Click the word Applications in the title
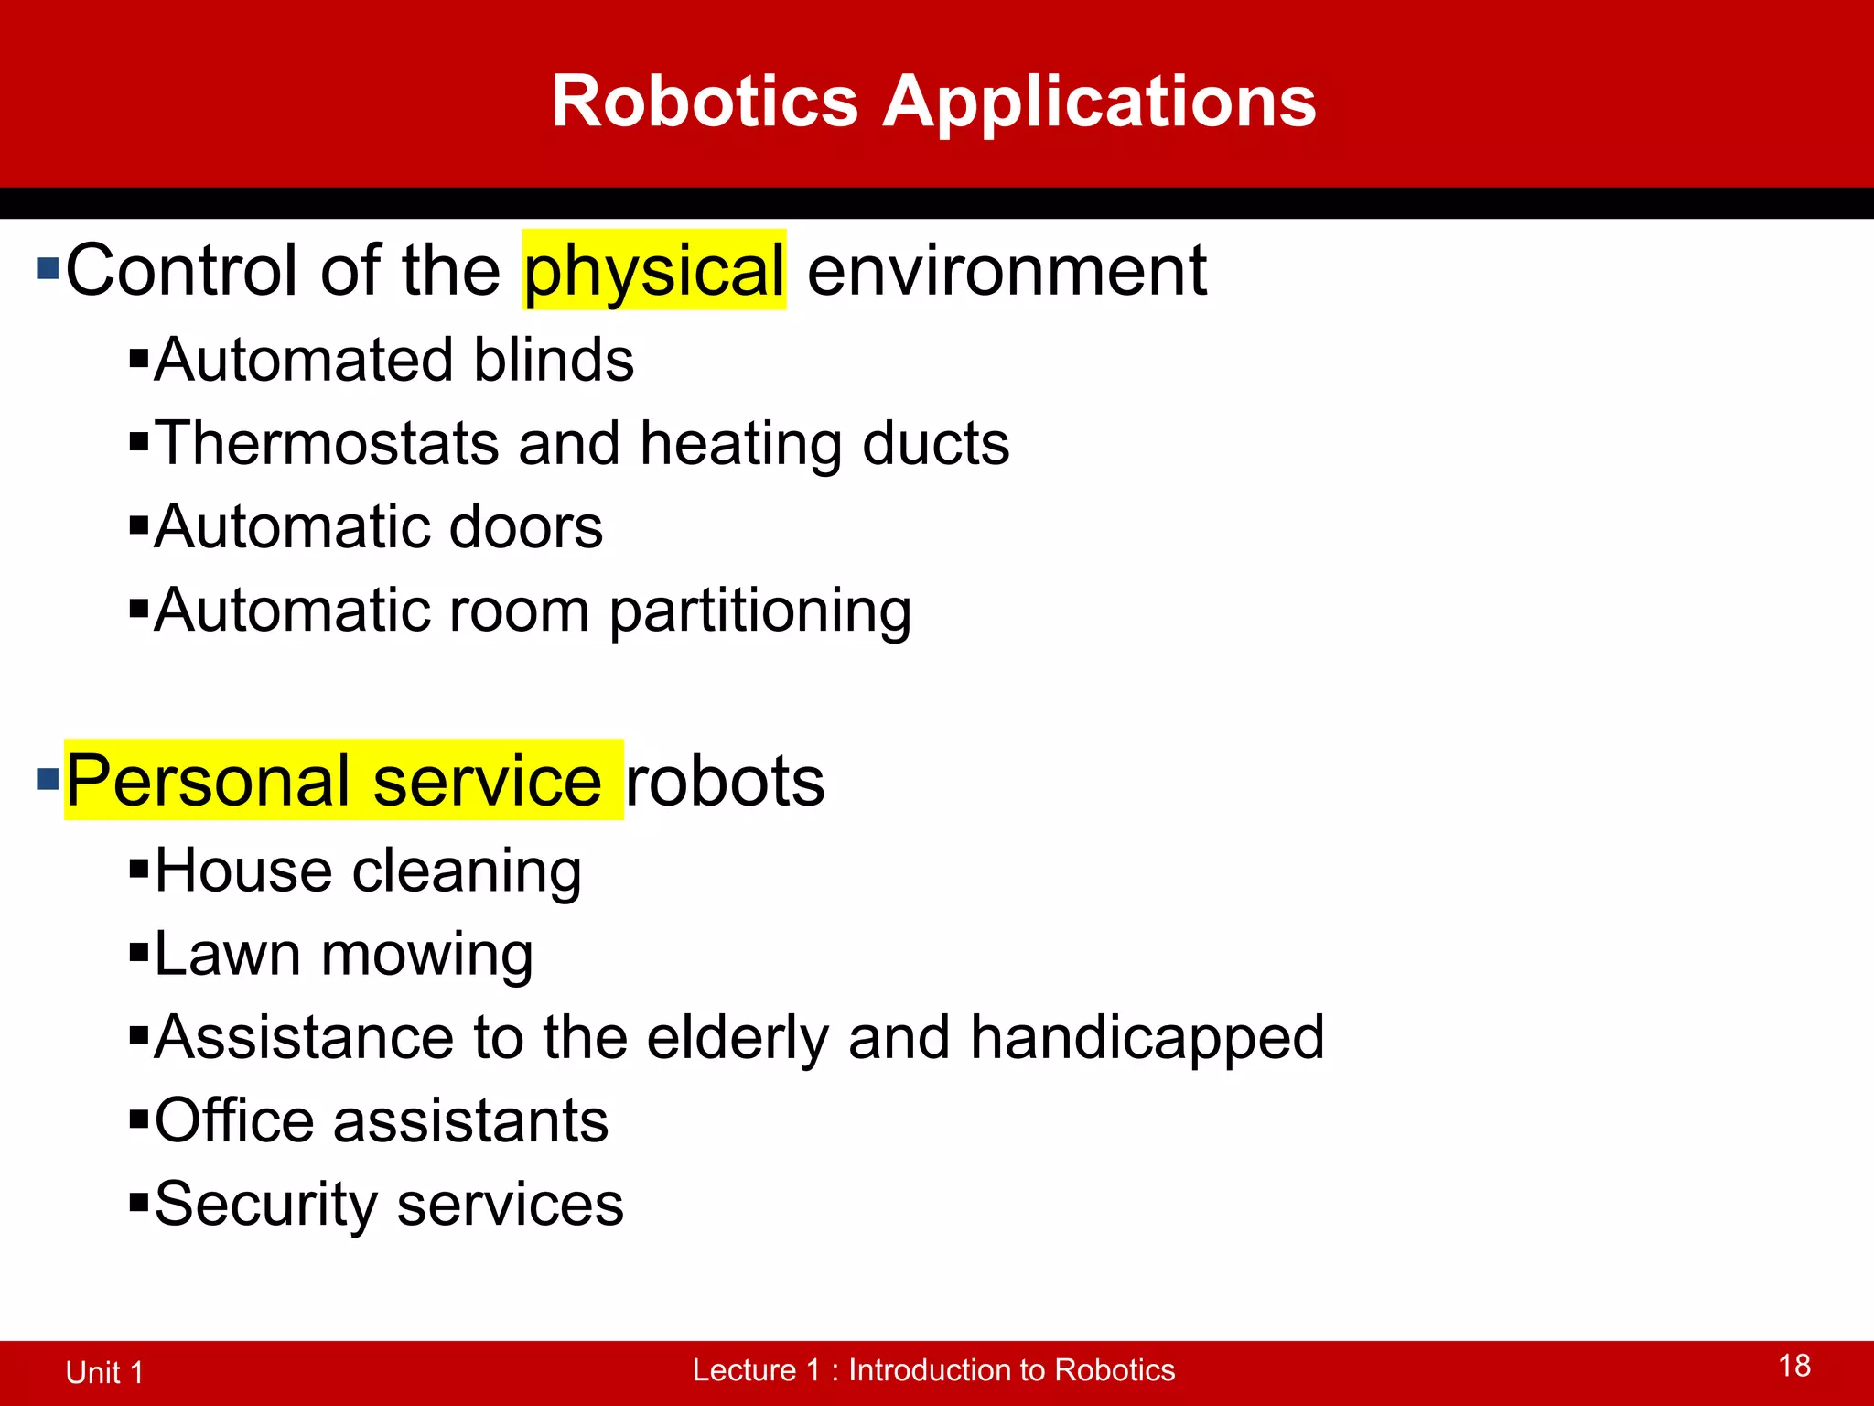point(1099,103)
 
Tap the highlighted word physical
point(654,272)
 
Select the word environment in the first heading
point(1007,272)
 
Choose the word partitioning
point(759,611)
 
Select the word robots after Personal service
point(725,782)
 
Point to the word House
point(242,871)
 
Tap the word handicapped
point(1147,1039)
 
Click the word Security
point(265,1205)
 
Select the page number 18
point(1794,1367)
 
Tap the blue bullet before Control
point(48,269)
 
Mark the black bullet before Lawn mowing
point(139,953)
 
